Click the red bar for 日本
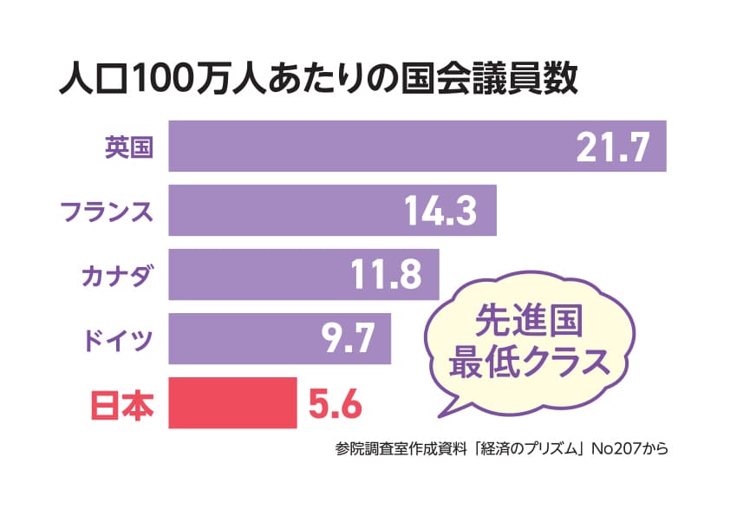point(232,403)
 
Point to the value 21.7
point(612,147)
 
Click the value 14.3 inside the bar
point(441,211)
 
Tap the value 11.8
point(386,275)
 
